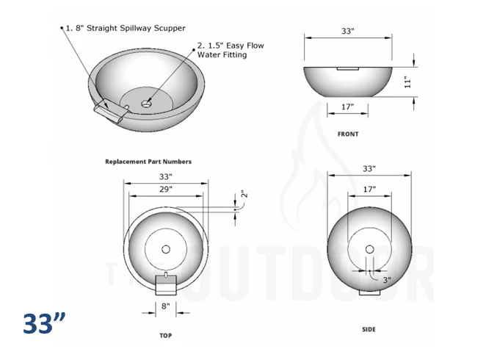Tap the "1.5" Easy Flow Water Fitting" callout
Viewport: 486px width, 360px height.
(x=231, y=50)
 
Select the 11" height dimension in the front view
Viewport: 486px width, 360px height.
(x=407, y=82)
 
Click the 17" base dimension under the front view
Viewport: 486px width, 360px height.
(x=348, y=107)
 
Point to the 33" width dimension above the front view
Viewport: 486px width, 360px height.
(x=348, y=31)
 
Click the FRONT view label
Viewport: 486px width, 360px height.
(x=348, y=134)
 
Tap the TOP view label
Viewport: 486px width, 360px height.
(x=165, y=336)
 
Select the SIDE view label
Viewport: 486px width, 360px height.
(x=369, y=329)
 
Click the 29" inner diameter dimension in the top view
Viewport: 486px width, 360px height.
(x=166, y=189)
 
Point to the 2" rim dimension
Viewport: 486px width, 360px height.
(x=244, y=194)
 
